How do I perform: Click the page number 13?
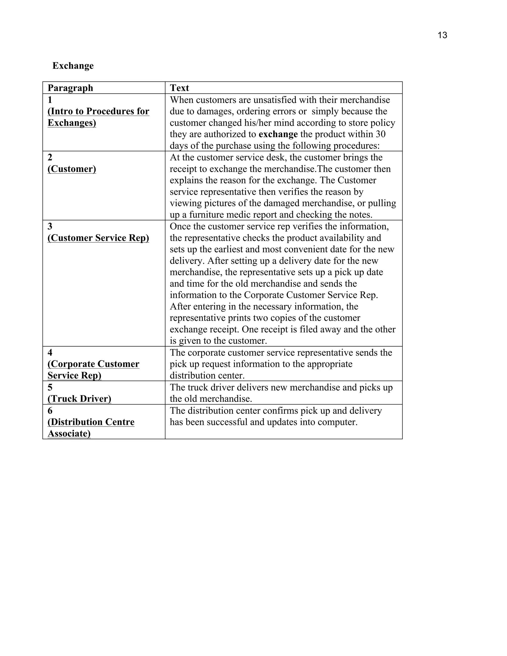pos(442,35)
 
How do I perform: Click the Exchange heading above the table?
pos(73,66)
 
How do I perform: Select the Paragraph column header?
pos(70,88)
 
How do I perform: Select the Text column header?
pos(179,88)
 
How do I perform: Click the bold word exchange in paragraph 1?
pos(278,134)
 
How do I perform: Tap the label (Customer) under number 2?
pos(72,169)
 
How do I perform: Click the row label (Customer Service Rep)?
pos(98,238)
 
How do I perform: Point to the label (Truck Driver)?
pos(79,399)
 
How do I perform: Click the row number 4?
pos(50,353)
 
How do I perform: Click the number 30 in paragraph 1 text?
pos(380,134)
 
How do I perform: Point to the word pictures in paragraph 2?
pos(220,203)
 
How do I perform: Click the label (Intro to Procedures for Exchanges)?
pos(98,117)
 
